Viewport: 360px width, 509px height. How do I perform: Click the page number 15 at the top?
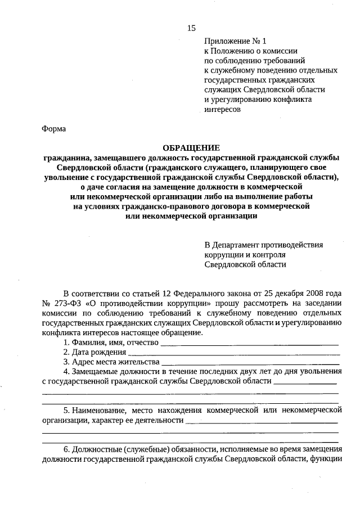click(x=192, y=28)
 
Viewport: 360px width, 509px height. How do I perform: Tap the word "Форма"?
click(x=53, y=129)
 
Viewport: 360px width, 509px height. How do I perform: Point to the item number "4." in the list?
click(x=66, y=372)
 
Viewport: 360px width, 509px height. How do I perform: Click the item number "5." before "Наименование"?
click(x=66, y=411)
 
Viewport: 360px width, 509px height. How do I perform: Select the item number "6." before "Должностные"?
click(x=66, y=449)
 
